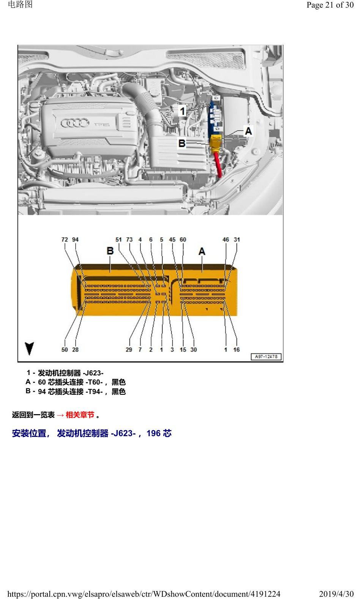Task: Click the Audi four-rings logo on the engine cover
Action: coord(75,123)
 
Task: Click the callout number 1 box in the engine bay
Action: coord(182,110)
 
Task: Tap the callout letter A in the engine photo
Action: coord(248,131)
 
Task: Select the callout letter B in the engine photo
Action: coord(182,143)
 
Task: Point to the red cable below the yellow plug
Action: coord(218,164)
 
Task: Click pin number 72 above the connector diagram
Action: coord(65,240)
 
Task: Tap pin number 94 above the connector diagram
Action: coord(76,240)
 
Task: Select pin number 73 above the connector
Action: coord(129,240)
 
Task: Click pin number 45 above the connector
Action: coord(172,240)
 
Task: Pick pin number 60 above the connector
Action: coord(183,240)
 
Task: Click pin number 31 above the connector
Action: coord(237,240)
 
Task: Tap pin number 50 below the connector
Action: coord(65,350)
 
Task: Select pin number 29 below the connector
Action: coord(129,350)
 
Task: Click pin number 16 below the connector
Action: coord(237,350)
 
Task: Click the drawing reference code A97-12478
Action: coord(266,356)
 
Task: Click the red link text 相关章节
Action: coord(80,415)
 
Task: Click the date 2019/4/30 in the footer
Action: coord(336,594)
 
